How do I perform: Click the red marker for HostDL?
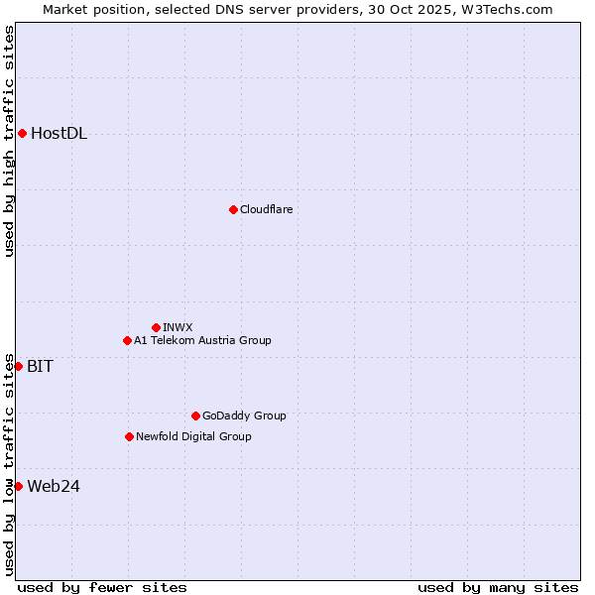pos(22,133)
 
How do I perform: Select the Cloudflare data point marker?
pos(233,209)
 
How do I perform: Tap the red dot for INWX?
pos(156,327)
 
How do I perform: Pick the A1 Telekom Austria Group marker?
pos(127,340)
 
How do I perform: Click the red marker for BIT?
pos(18,366)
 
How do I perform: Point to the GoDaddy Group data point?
pos(195,416)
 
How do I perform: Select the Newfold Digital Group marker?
pos(129,436)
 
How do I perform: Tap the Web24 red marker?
pos(18,486)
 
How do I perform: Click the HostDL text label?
pos(59,134)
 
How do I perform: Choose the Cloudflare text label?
pos(266,209)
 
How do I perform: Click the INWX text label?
pos(178,327)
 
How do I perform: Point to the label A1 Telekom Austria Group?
pos(202,340)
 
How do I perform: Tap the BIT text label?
pos(40,366)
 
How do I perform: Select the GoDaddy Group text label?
pos(243,416)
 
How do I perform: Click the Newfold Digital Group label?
pos(193,436)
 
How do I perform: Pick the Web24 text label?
pos(54,486)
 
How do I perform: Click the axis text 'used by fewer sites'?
pos(102,587)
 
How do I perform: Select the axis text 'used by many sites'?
pos(498,587)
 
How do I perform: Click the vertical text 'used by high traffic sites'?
pos(9,141)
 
